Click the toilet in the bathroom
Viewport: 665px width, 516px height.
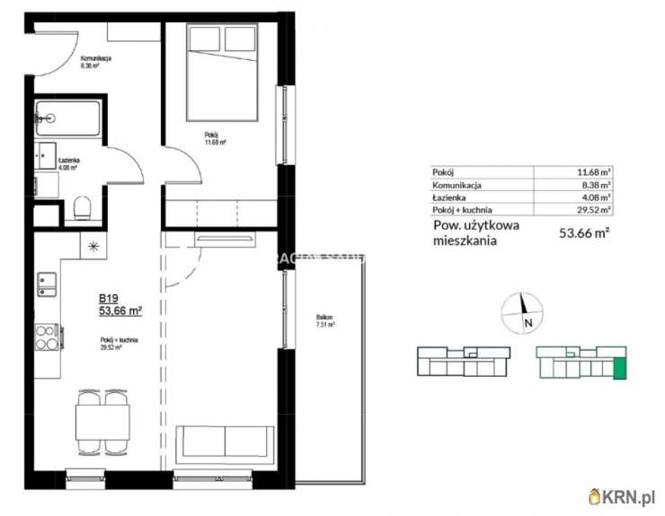(83, 207)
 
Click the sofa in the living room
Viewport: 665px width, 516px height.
(225, 442)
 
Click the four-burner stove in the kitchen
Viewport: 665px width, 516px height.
(46, 339)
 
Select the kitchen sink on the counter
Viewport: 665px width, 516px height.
(46, 285)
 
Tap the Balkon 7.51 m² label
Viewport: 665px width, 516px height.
(325, 322)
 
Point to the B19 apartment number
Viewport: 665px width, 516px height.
(109, 300)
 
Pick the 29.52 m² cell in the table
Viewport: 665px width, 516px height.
(593, 209)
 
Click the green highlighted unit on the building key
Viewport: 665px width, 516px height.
(617, 366)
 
